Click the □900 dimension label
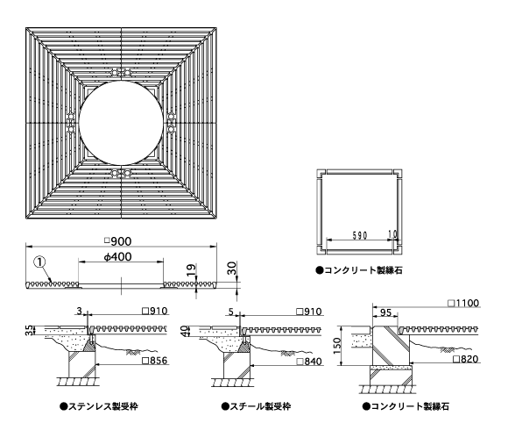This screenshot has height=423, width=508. [118, 241]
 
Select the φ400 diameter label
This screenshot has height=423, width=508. [118, 257]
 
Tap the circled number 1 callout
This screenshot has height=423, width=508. [39, 262]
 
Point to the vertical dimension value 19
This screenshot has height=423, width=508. [192, 269]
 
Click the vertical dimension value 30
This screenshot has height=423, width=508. [233, 269]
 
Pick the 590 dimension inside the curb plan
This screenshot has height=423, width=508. [360, 235]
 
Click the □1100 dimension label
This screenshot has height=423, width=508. [463, 304]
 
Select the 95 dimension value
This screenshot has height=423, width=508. [385, 313]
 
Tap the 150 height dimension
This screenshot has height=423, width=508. [337, 346]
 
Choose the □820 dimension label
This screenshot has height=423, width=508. [466, 359]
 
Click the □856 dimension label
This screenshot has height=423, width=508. [155, 361]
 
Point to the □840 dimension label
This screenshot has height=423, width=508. [309, 362]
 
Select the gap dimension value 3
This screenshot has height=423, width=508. [80, 312]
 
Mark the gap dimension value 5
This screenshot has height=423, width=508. [230, 312]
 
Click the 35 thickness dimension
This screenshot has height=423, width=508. [30, 331]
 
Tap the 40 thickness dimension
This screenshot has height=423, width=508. [185, 331]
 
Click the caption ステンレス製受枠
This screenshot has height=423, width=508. [99, 406]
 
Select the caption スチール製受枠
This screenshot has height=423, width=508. [256, 406]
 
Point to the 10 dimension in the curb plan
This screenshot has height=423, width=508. [392, 234]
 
